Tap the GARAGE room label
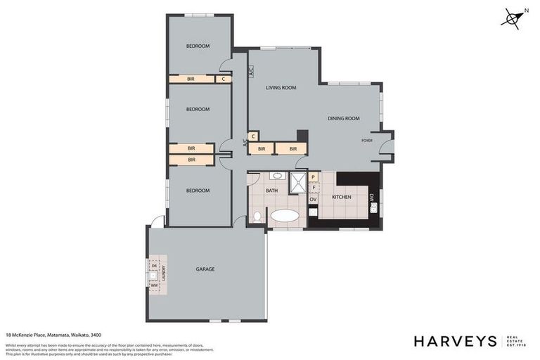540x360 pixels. pyautogui.click(x=205, y=269)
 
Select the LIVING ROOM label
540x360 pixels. pyautogui.click(x=281, y=88)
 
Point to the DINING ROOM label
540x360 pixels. pyautogui.click(x=343, y=119)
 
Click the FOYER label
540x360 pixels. pyautogui.click(x=366, y=141)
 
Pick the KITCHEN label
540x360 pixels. pyautogui.click(x=342, y=197)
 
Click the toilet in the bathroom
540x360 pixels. pyautogui.click(x=257, y=216)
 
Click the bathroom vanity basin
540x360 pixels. pyautogui.click(x=277, y=176)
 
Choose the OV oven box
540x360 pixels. pyautogui.click(x=314, y=200)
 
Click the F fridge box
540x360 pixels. pyautogui.click(x=314, y=188)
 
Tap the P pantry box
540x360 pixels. pyautogui.click(x=314, y=177)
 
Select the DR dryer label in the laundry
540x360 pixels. pyautogui.click(x=153, y=265)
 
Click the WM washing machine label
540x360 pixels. pyautogui.click(x=153, y=284)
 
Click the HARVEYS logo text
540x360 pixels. pyautogui.click(x=454, y=341)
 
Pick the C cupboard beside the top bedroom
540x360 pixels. pyautogui.click(x=224, y=79)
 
